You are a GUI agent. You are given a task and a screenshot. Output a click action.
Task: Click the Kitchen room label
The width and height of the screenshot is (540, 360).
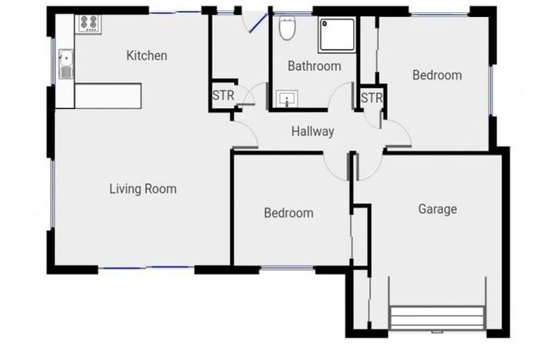146,56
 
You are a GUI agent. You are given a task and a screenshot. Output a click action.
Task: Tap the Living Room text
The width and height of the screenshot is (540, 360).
143,188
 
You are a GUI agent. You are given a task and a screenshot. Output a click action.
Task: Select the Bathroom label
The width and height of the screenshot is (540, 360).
314,66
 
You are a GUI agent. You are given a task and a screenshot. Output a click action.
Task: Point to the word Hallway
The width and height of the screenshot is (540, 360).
312,131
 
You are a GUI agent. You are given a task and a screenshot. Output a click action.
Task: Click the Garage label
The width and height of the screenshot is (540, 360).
437,209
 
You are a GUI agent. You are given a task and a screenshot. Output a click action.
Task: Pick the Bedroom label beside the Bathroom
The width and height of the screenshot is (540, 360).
437,75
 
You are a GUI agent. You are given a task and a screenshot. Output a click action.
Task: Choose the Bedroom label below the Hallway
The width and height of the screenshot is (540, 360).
288,212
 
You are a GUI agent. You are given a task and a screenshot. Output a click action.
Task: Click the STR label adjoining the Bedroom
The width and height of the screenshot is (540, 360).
371,98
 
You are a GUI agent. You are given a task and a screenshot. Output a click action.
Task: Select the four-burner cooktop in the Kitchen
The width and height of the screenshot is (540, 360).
89,23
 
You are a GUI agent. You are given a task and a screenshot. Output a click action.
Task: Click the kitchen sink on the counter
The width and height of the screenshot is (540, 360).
65,63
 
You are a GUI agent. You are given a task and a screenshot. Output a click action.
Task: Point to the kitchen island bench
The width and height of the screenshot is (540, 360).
108,96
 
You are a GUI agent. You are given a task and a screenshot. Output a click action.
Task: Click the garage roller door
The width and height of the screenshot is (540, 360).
437,317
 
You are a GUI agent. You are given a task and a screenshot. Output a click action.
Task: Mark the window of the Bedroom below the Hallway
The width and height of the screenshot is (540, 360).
288,268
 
